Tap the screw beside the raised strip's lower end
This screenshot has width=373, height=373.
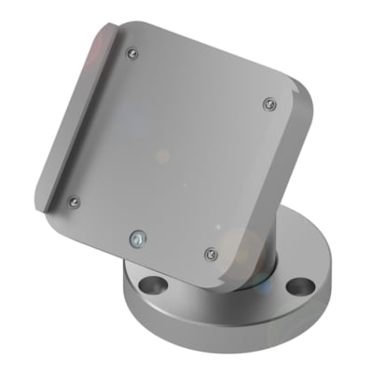click(x=76, y=200)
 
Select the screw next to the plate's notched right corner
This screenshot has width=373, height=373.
click(x=269, y=102)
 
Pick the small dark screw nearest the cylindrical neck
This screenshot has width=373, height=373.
click(x=210, y=252)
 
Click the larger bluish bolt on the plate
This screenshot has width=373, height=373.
click(x=138, y=238)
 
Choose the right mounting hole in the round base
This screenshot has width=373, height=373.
click(x=298, y=283)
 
